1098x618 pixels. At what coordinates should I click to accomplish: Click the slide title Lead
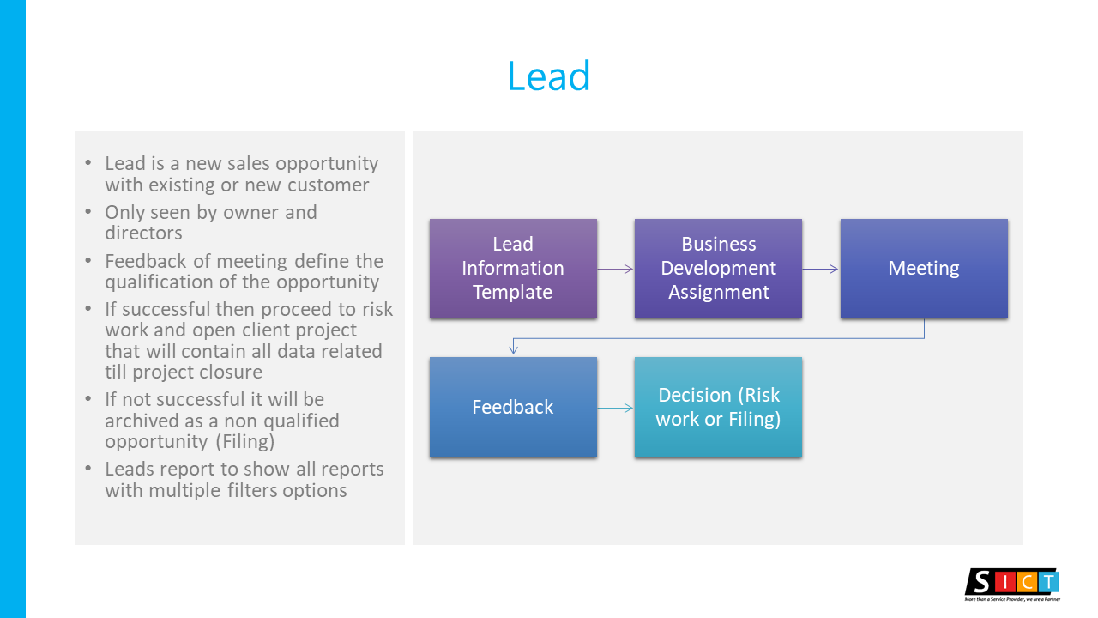(x=548, y=76)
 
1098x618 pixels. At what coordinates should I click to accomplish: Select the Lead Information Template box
(x=513, y=269)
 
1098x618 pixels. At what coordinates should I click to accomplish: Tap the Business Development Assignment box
(x=718, y=269)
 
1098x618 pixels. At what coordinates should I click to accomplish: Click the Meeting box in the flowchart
(x=924, y=269)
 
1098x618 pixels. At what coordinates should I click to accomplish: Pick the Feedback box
(x=513, y=407)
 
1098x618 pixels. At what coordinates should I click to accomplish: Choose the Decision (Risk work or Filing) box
(x=718, y=407)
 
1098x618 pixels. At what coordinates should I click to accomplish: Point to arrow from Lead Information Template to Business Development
(x=616, y=269)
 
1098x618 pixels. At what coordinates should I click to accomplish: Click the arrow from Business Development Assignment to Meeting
(x=821, y=269)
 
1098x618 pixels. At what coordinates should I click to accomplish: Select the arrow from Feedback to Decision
(x=616, y=408)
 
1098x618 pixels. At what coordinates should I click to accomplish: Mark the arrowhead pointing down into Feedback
(x=513, y=349)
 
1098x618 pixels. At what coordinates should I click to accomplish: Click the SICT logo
(x=1013, y=585)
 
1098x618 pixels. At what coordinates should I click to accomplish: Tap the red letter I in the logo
(x=1005, y=583)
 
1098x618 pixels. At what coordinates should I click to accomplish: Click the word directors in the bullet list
(x=143, y=233)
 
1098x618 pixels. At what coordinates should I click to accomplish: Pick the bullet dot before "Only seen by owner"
(x=88, y=211)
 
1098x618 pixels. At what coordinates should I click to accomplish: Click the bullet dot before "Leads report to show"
(x=88, y=469)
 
